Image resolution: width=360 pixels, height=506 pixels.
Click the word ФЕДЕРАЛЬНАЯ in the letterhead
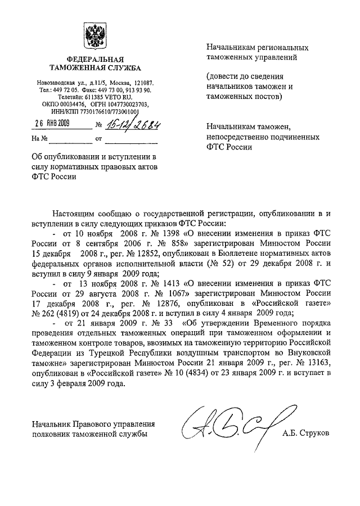[91, 60]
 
